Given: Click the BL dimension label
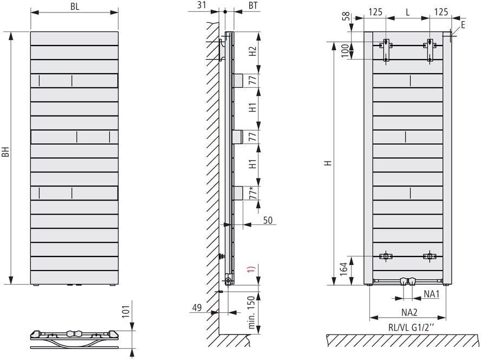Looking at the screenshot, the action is tap(75, 7).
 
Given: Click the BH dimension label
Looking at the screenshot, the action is tap(6, 151).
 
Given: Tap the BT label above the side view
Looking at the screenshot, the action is tap(253, 5).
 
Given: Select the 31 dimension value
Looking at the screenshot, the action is tap(201, 5).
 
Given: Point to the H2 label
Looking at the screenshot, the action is tap(252, 51).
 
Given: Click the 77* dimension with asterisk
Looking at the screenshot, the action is tap(253, 192).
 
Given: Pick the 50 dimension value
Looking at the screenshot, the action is tap(268, 220).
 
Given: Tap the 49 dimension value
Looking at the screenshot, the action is tap(197, 307).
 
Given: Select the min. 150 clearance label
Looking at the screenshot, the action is tap(251, 312).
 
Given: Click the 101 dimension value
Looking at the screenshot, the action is tap(126, 311).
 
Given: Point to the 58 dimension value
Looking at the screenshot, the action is tap(346, 17).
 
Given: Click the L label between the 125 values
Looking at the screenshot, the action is tap(408, 12).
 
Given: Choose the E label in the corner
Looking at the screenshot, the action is tap(463, 24).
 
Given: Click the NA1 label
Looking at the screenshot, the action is tap(432, 294).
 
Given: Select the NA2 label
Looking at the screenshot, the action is tap(409, 312).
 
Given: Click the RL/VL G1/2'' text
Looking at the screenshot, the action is tap(411, 327).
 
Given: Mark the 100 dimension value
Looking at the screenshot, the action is tap(346, 50).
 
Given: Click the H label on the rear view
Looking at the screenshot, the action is tap(329, 163).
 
